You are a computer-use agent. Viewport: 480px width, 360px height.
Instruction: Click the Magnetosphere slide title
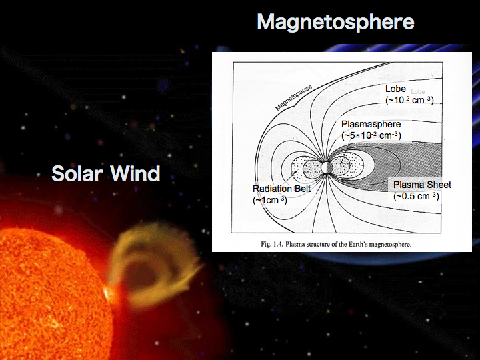pyautogui.click(x=335, y=23)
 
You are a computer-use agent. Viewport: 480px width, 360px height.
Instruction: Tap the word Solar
pyautogui.click(x=77, y=173)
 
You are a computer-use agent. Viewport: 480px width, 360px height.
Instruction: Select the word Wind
pyautogui.click(x=135, y=173)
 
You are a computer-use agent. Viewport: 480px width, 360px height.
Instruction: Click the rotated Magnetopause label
pyautogui.click(x=293, y=97)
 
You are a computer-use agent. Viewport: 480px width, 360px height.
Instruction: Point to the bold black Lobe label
pyautogui.click(x=395, y=89)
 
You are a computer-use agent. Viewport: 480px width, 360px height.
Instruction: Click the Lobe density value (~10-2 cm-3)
pyautogui.click(x=409, y=100)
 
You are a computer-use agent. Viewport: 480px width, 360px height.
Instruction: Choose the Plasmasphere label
pyautogui.click(x=371, y=124)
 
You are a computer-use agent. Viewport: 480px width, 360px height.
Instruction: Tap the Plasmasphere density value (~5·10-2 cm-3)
pyautogui.click(x=371, y=135)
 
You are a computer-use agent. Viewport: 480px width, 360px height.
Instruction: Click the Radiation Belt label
pyautogui.click(x=281, y=189)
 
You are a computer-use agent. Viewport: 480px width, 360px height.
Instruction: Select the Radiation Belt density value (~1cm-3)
pyautogui.click(x=270, y=200)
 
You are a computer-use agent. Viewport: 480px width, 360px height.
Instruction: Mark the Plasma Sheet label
pyautogui.click(x=422, y=185)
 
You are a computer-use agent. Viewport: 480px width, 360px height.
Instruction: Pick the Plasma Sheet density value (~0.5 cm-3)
pyautogui.click(x=416, y=196)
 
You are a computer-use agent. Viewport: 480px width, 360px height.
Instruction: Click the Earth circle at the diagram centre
pyautogui.click(x=327, y=167)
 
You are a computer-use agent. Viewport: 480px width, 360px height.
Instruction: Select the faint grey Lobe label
pyautogui.click(x=418, y=92)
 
